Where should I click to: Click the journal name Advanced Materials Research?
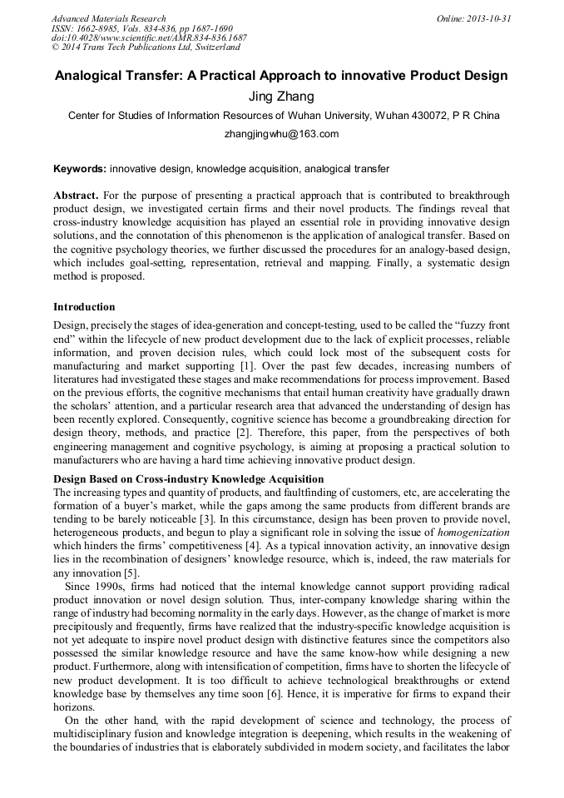108,18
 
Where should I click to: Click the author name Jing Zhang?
281,97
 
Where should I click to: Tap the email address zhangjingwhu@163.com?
281,133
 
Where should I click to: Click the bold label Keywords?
79,169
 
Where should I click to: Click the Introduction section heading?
84,307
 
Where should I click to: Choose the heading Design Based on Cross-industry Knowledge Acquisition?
188,479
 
